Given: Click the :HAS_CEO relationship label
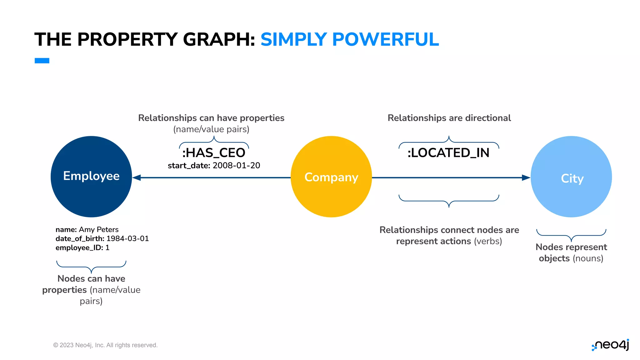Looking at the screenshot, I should [x=214, y=153].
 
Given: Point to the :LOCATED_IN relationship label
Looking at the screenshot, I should [x=448, y=153].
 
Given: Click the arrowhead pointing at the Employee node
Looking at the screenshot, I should [x=137, y=177].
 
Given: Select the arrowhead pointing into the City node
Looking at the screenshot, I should [x=526, y=177].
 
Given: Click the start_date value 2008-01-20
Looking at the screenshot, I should [x=236, y=165].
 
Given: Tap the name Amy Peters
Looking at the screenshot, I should [x=99, y=230].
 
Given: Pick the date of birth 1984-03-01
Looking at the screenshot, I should [x=127, y=239].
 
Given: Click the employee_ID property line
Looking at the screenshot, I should [x=82, y=248].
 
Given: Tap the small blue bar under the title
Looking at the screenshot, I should [x=42, y=61].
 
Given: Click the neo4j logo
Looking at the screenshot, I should [x=611, y=345].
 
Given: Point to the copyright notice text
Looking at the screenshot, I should [x=105, y=345].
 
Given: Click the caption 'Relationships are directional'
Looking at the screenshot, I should [x=449, y=118].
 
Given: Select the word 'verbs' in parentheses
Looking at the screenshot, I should [x=487, y=241].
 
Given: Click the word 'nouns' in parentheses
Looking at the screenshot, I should [x=587, y=258].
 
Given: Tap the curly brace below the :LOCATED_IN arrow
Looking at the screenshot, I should [x=449, y=200].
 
